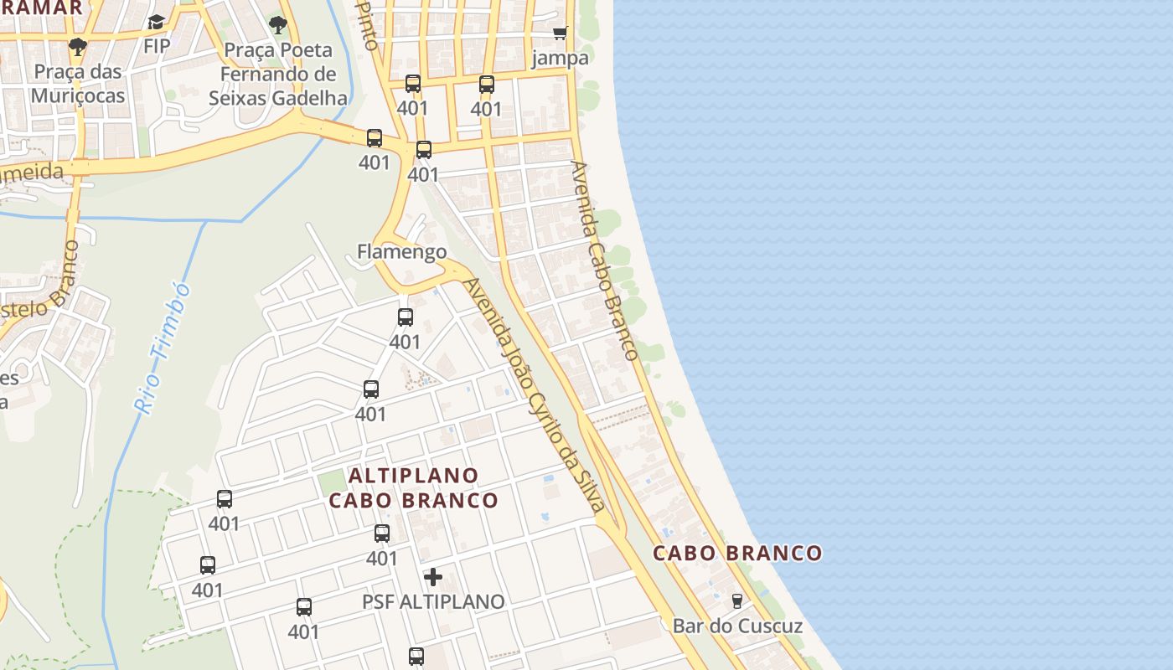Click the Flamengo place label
[x=401, y=251]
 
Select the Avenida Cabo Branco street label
[x=604, y=260]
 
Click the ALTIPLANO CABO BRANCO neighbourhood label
[x=413, y=487]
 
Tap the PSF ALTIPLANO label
[x=433, y=601]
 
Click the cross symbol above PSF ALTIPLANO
[x=433, y=577]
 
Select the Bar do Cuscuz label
[x=737, y=626]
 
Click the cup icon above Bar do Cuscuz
[x=737, y=600]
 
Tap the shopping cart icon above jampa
[x=560, y=33]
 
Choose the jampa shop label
[x=560, y=58]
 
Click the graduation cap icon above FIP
[x=156, y=22]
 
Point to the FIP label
[x=156, y=45]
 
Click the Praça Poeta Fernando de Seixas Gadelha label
[x=277, y=74]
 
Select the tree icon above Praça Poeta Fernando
[x=277, y=25]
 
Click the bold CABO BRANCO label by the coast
[x=737, y=553]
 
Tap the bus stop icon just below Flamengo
[x=406, y=317]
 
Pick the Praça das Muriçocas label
[x=78, y=83]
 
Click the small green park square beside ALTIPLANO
[x=332, y=481]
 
